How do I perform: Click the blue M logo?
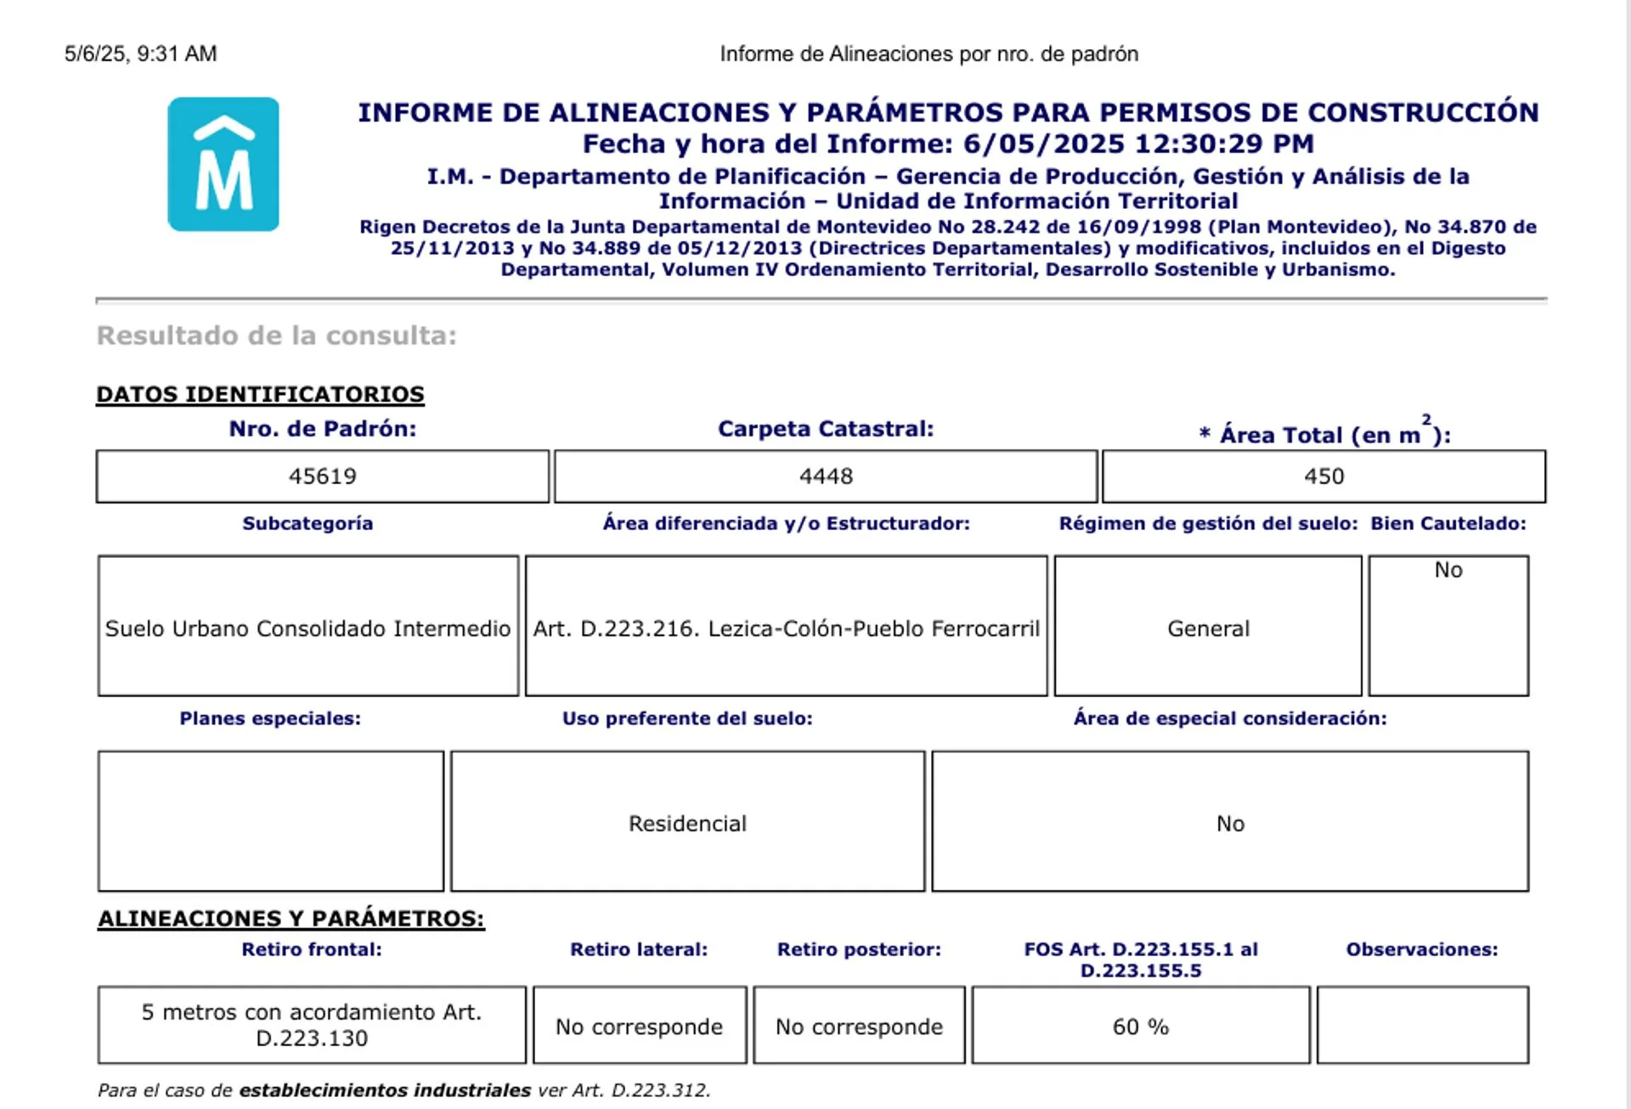click(223, 164)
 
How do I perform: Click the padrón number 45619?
click(322, 476)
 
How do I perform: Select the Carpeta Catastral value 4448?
click(826, 476)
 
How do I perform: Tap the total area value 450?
click(1323, 476)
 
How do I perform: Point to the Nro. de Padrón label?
click(322, 429)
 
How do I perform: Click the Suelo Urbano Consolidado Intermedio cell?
click(308, 628)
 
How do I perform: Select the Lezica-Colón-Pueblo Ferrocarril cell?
click(786, 628)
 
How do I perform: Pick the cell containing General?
click(1208, 628)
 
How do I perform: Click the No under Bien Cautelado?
click(1448, 570)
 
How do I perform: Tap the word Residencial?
click(687, 824)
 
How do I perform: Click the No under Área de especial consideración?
click(1230, 824)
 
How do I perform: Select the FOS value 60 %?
click(1140, 1027)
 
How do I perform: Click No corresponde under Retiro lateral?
click(639, 1027)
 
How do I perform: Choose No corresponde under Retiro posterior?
click(859, 1027)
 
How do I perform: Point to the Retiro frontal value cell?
click(312, 1025)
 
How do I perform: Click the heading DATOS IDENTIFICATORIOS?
click(260, 394)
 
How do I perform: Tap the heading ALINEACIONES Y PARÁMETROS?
click(291, 918)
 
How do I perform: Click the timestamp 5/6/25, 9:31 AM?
click(141, 53)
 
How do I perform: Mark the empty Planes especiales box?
click(270, 821)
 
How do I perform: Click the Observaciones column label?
click(1422, 949)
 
